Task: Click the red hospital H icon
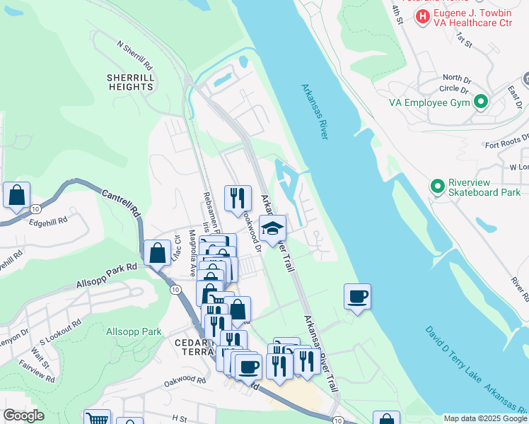[423, 16]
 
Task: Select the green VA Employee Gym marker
[481, 102]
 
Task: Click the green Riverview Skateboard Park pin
[437, 186]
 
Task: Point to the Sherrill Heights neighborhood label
[131, 81]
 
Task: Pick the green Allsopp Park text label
[134, 331]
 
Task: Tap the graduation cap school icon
[272, 228]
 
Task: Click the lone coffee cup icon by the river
[358, 296]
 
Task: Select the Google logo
[23, 416]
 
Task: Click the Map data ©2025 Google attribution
[484, 418]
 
